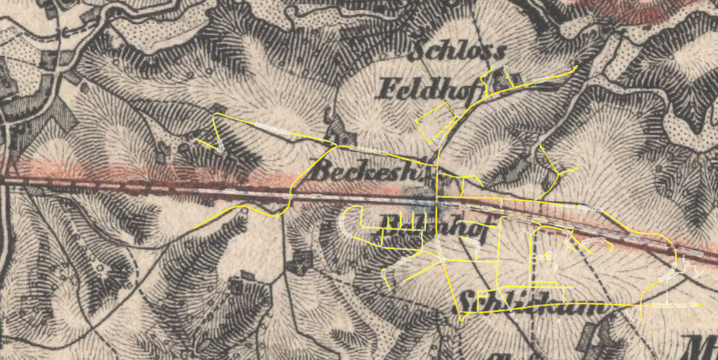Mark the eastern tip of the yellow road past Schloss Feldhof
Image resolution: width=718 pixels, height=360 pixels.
click(576, 68)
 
